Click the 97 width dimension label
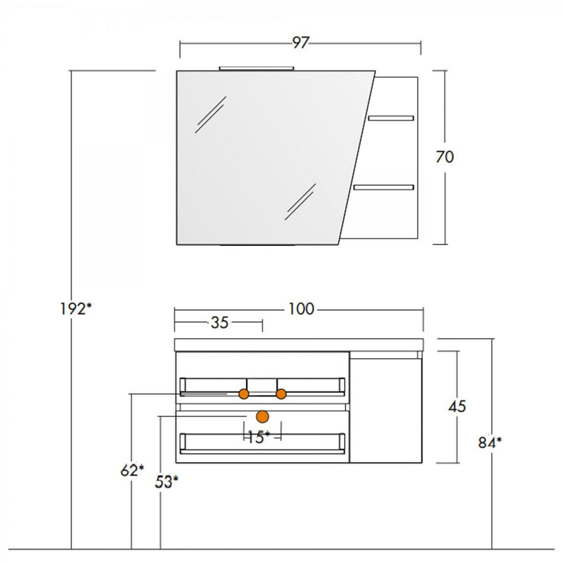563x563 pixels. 300,43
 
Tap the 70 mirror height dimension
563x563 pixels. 444,157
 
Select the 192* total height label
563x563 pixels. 75,309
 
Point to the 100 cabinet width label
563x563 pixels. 302,309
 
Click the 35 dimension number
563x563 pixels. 219,322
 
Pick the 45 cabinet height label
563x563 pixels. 457,406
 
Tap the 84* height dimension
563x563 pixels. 490,443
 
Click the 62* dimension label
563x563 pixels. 132,471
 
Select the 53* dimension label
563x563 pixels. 166,482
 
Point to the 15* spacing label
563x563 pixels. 259,437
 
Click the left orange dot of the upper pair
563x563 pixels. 244,394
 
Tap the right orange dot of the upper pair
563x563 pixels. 281,394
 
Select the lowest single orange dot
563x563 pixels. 262,417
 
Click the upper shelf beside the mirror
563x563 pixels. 391,118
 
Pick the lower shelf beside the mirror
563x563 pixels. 384,187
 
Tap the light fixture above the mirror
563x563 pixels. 257,68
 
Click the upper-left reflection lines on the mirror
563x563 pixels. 211,114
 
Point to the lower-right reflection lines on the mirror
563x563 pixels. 301,201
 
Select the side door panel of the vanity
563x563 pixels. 385,407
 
